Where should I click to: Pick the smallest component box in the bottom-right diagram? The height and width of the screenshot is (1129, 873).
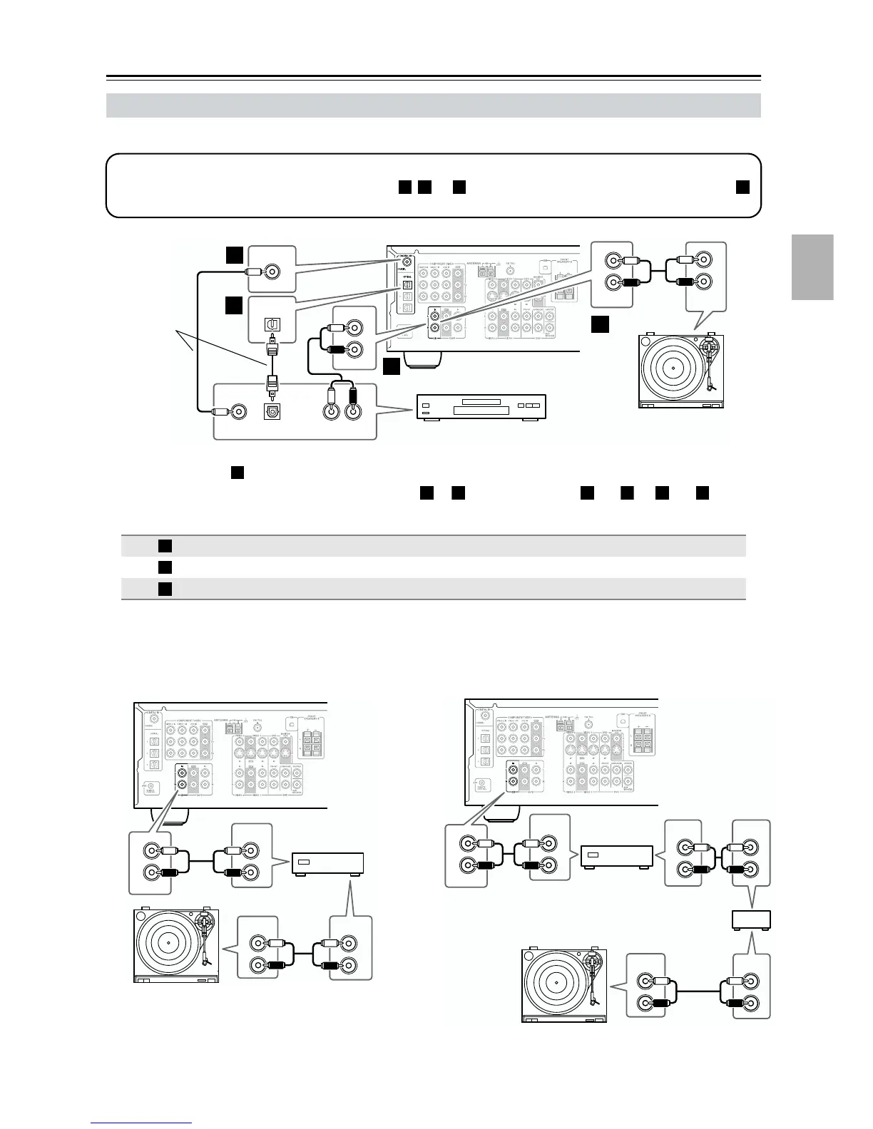coord(752,921)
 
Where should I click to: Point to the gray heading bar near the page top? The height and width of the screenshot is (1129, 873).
coord(433,105)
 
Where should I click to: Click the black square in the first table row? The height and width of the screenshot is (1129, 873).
coord(165,546)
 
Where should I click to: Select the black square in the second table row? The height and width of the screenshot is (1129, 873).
coord(165,567)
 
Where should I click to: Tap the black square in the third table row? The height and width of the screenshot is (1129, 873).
coord(165,589)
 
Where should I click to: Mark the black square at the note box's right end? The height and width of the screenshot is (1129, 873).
coord(742,186)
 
